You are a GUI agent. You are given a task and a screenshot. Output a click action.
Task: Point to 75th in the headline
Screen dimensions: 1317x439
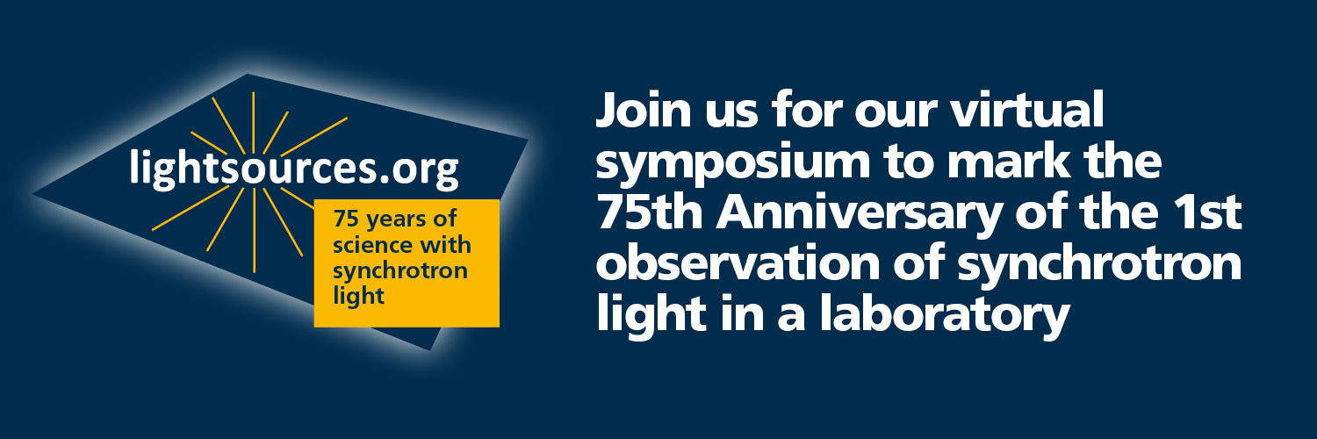coord(650,212)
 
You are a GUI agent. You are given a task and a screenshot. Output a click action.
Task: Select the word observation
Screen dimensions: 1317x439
coord(738,263)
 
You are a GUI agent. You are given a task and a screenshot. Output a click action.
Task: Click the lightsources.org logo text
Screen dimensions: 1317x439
coord(293,169)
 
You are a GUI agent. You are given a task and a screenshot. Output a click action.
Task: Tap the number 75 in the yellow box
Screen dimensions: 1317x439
coord(346,219)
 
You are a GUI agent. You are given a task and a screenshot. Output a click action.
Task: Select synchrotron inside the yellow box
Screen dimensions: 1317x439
coord(400,272)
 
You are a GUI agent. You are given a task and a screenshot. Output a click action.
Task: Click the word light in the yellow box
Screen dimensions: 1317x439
coord(358,296)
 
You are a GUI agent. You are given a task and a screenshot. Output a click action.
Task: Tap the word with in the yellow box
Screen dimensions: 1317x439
coord(446,244)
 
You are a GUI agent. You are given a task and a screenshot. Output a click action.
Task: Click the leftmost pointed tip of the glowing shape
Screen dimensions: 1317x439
coord(33,194)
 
